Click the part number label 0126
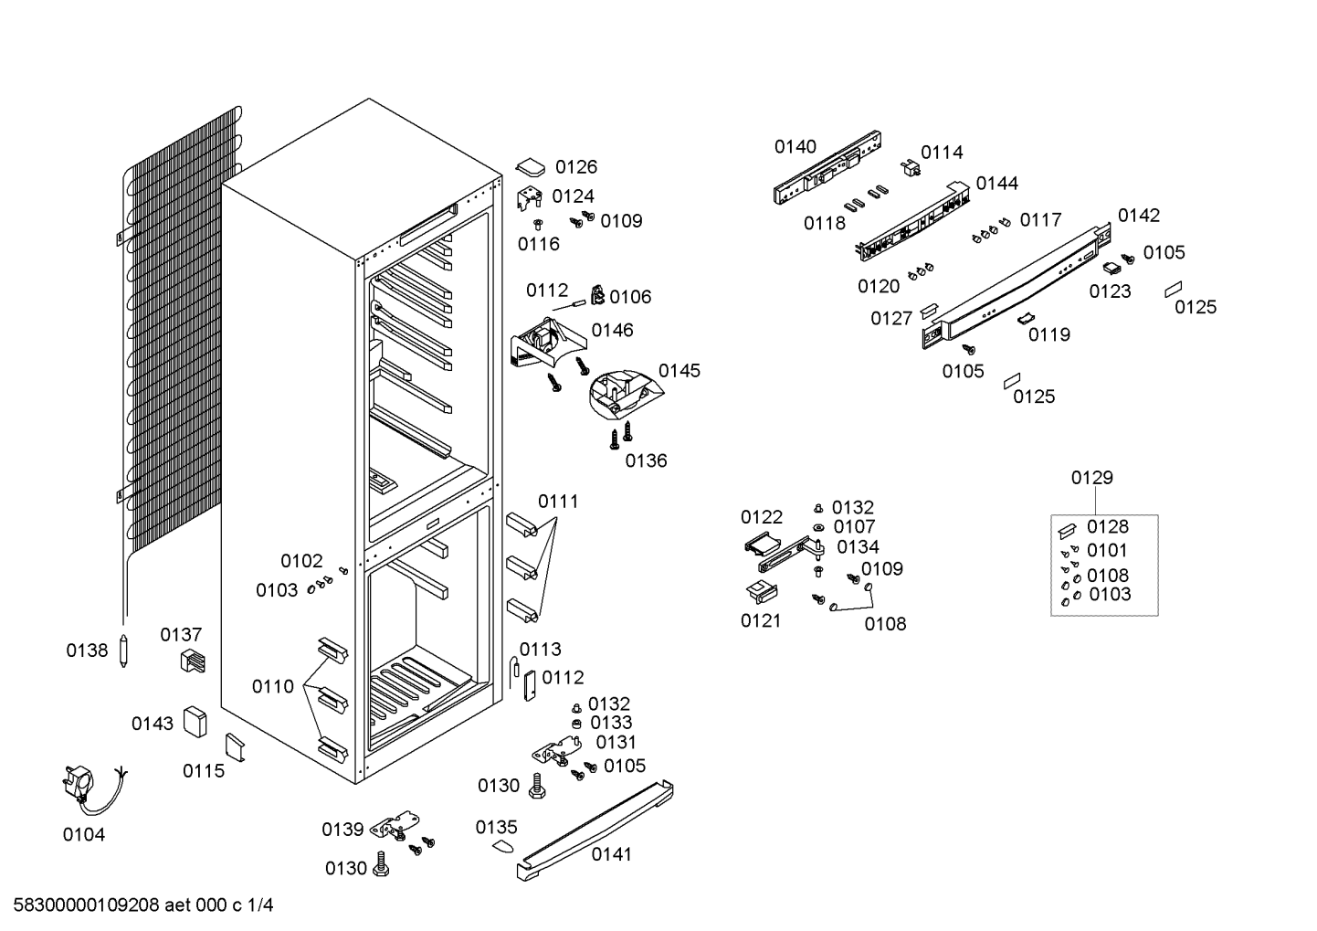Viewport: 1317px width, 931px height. [576, 167]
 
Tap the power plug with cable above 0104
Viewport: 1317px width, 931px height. [93, 790]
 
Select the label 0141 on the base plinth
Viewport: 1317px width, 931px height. [612, 854]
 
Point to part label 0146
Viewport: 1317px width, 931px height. [612, 331]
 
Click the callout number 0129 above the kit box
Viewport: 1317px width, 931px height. [1091, 478]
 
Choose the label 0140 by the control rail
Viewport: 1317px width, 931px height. [795, 147]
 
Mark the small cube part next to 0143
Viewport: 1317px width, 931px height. [195, 722]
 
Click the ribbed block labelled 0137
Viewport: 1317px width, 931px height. [193, 661]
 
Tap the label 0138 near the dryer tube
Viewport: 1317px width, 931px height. [87, 651]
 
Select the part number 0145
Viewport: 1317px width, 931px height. [680, 371]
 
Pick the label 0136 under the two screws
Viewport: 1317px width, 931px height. [646, 461]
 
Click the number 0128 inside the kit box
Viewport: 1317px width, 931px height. [1108, 526]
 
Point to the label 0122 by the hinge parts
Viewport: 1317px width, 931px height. [762, 517]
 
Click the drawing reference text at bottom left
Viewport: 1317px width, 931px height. [143, 905]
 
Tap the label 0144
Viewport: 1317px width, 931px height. [997, 184]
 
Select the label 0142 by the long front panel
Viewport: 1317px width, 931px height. [1139, 216]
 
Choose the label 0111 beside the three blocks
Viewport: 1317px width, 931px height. [559, 502]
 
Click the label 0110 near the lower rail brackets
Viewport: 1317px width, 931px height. [273, 686]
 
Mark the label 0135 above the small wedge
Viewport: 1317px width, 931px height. [496, 828]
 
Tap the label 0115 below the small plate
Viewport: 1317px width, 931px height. [204, 771]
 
